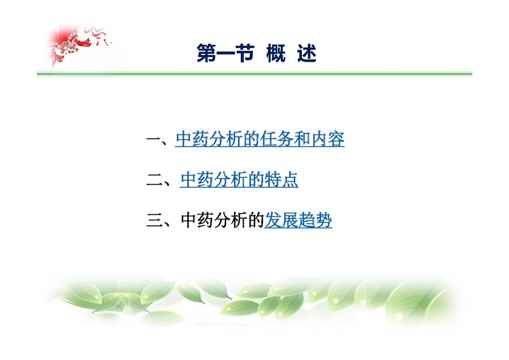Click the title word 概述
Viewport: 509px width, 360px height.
(x=291, y=54)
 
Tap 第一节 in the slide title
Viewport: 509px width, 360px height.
(x=225, y=54)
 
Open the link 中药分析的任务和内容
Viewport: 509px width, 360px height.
(x=260, y=139)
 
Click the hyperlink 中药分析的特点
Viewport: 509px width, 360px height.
(x=239, y=179)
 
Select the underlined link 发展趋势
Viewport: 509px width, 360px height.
(x=298, y=220)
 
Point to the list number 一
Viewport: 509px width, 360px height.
(x=154, y=140)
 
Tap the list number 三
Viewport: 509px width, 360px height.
(x=154, y=221)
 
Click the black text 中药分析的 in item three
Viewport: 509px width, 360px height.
(x=222, y=220)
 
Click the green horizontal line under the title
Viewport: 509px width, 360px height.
(x=255, y=74)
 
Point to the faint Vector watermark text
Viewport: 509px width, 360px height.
(x=225, y=324)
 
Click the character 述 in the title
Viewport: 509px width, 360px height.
(x=307, y=54)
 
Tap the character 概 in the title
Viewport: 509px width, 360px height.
(x=276, y=54)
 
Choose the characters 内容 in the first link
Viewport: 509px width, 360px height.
(x=327, y=139)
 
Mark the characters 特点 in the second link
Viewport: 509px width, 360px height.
(x=281, y=179)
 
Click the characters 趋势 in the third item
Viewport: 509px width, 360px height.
(x=315, y=220)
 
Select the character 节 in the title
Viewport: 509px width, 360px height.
(x=245, y=54)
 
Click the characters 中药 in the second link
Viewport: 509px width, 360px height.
(x=197, y=179)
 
